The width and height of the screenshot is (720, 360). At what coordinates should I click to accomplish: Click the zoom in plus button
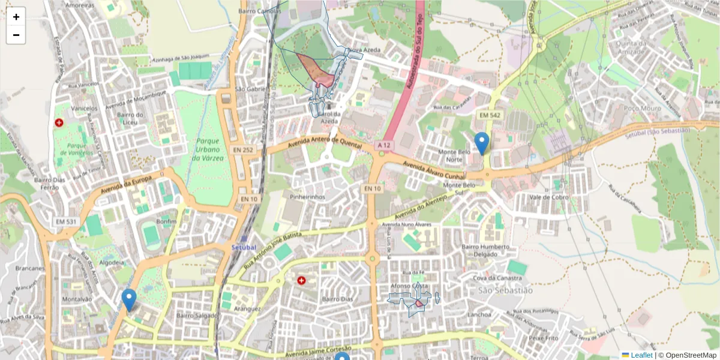tap(16, 17)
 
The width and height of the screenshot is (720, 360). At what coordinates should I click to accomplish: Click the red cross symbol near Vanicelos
tap(59, 122)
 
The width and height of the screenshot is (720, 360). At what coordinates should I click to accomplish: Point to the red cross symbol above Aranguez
tap(301, 280)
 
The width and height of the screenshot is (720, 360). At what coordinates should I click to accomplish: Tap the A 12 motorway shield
tap(385, 146)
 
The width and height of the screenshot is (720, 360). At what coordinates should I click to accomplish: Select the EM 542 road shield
tap(490, 115)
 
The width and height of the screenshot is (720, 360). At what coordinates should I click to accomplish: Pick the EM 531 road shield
tap(66, 222)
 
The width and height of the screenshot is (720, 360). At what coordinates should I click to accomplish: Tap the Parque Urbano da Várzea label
tap(208, 149)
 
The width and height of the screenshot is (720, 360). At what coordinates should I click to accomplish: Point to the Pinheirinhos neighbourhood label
tap(307, 197)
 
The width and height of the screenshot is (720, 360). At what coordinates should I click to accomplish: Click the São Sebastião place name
tap(505, 290)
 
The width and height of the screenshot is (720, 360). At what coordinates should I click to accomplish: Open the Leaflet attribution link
tap(641, 355)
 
